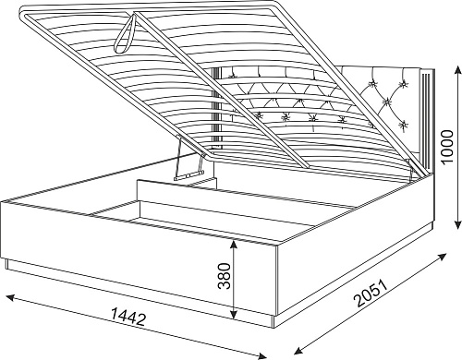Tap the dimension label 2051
click(x=371, y=293)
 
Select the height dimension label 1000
click(x=447, y=148)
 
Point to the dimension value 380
click(x=225, y=276)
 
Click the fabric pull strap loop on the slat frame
click(x=127, y=34)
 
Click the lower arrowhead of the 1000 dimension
click(x=458, y=222)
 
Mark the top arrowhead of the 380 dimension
click(x=234, y=245)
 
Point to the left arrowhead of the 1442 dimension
click(x=12, y=297)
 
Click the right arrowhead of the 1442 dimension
click(x=261, y=355)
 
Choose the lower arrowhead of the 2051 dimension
click(x=299, y=351)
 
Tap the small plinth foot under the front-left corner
click(x=7, y=264)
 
